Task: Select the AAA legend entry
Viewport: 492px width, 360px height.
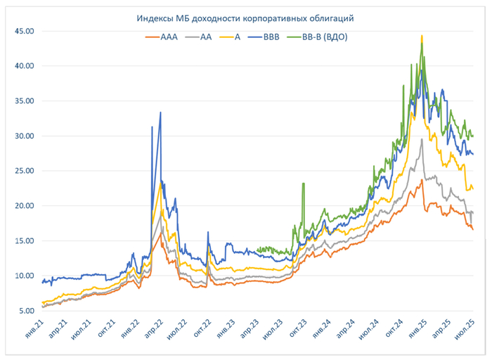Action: [x=162, y=38]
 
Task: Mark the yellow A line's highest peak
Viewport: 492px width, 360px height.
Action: [x=422, y=37]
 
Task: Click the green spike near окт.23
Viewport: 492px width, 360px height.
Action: [x=303, y=184]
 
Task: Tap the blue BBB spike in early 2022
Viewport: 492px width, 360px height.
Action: [x=161, y=112]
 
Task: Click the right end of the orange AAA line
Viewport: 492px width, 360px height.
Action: [x=472, y=229]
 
